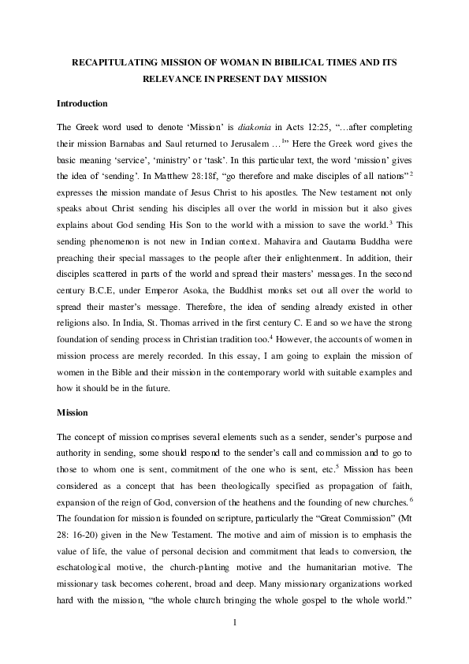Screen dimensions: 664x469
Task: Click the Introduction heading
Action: click(82, 103)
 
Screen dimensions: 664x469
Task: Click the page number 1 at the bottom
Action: click(234, 625)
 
